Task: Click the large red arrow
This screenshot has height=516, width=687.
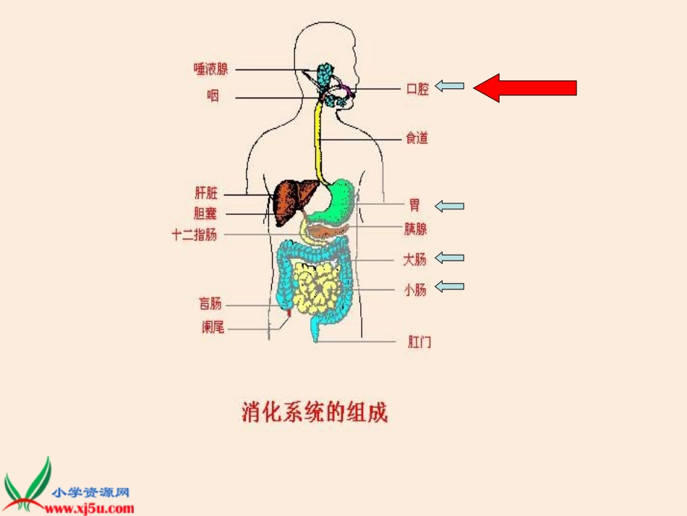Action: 525,88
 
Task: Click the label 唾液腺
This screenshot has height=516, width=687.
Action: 210,69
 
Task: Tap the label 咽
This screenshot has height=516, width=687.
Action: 213,96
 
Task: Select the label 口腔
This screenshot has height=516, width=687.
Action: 417,89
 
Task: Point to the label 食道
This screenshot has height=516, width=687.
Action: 417,138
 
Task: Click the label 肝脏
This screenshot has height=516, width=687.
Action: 206,193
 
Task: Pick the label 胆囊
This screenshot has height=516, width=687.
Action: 205,213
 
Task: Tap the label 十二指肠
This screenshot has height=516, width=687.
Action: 194,234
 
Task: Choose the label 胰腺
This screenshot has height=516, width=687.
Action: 415,229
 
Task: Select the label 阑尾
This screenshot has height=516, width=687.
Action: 213,327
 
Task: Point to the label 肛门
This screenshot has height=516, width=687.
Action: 419,342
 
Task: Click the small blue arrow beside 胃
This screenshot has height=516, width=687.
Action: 450,206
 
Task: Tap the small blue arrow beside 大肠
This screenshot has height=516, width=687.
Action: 450,258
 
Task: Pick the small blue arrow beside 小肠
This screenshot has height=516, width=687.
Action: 450,287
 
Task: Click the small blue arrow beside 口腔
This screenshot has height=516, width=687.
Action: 450,87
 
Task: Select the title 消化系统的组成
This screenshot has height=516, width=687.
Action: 314,413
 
